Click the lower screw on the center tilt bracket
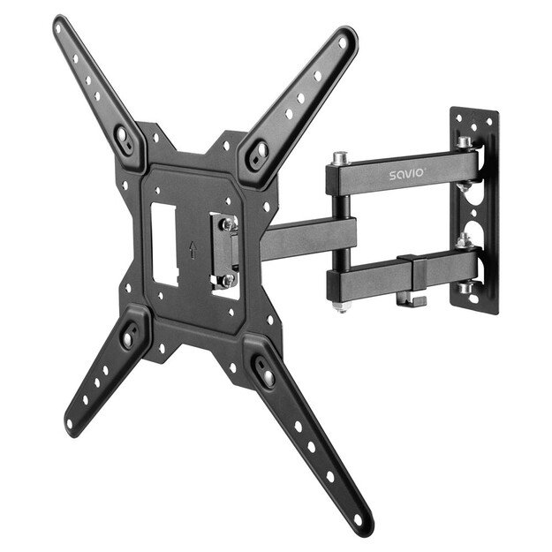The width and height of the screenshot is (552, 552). [x=226, y=279]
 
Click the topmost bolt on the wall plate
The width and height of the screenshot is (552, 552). [x=462, y=140]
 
